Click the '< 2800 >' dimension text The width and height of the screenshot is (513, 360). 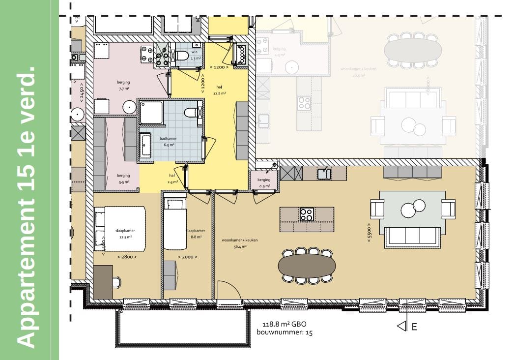click(127, 257)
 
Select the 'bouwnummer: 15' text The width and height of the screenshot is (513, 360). click(285, 332)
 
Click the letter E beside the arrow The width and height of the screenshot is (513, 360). click(414, 327)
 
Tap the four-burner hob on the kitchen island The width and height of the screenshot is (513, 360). click(307, 214)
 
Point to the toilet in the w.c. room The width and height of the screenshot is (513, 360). click(181, 56)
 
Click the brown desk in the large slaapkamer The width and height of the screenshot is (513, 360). click(103, 282)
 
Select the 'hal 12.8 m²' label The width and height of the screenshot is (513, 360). click(219, 90)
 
